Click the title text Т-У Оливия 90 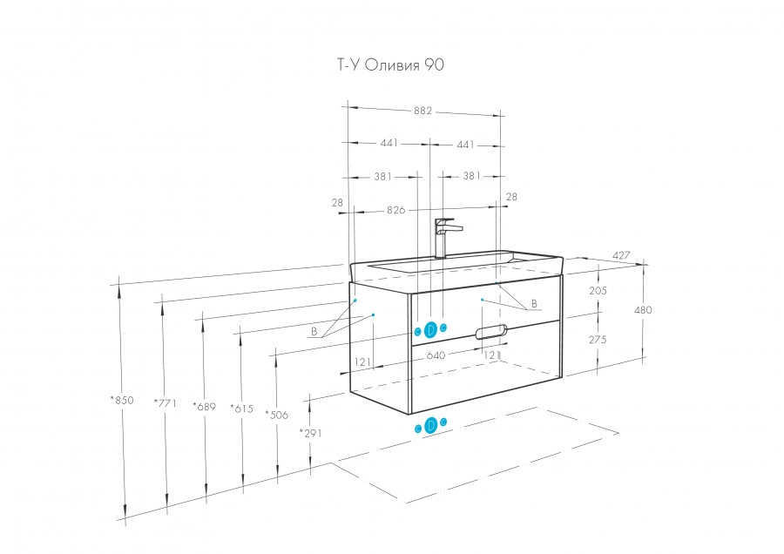382,64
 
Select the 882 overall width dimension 422,111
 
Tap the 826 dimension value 396,210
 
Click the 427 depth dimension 620,255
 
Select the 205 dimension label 597,291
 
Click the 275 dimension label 597,341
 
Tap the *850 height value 121,401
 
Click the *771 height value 165,402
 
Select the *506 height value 277,415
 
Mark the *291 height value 310,433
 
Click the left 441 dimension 389,144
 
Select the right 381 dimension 471,176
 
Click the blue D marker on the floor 430,425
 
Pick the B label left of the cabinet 313,332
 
